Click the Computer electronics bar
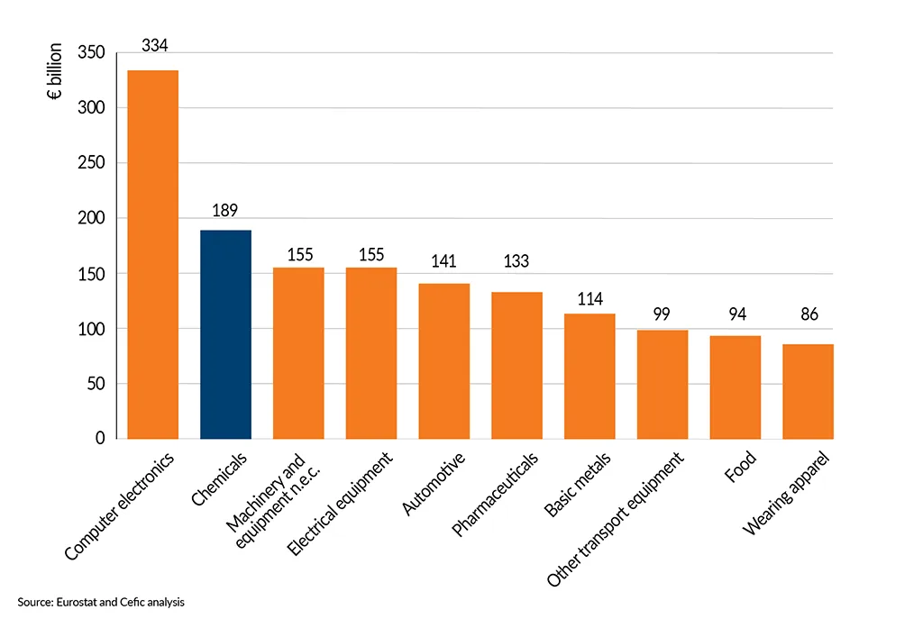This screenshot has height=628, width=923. (x=152, y=254)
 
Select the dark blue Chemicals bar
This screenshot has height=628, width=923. (x=225, y=334)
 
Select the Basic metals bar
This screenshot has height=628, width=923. (x=589, y=376)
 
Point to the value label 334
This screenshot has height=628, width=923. (x=153, y=45)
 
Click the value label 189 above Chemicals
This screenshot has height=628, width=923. (x=225, y=210)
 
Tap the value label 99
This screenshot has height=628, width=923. (x=663, y=314)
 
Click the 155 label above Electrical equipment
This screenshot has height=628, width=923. (x=371, y=255)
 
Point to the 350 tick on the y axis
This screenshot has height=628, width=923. (x=92, y=53)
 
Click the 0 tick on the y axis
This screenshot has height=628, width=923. (x=100, y=439)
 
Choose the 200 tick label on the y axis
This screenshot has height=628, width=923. (x=92, y=218)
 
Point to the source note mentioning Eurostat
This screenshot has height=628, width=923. (x=100, y=601)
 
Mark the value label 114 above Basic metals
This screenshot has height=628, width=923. (x=589, y=299)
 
